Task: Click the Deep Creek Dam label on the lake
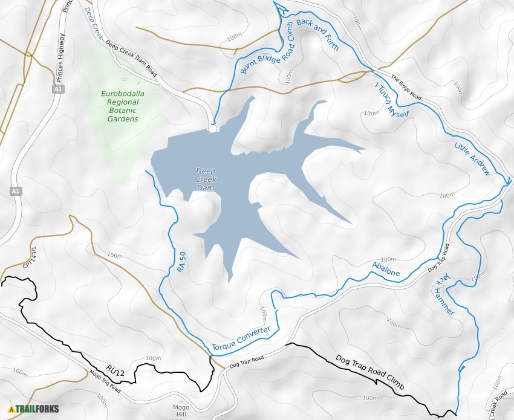coord(206,179)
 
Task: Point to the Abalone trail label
coord(386,269)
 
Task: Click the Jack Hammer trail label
coord(444,294)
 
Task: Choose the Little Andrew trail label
coord(472,159)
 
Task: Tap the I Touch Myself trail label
coord(392,100)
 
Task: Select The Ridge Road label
coord(406,87)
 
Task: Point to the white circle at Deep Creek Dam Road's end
coord(212,128)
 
